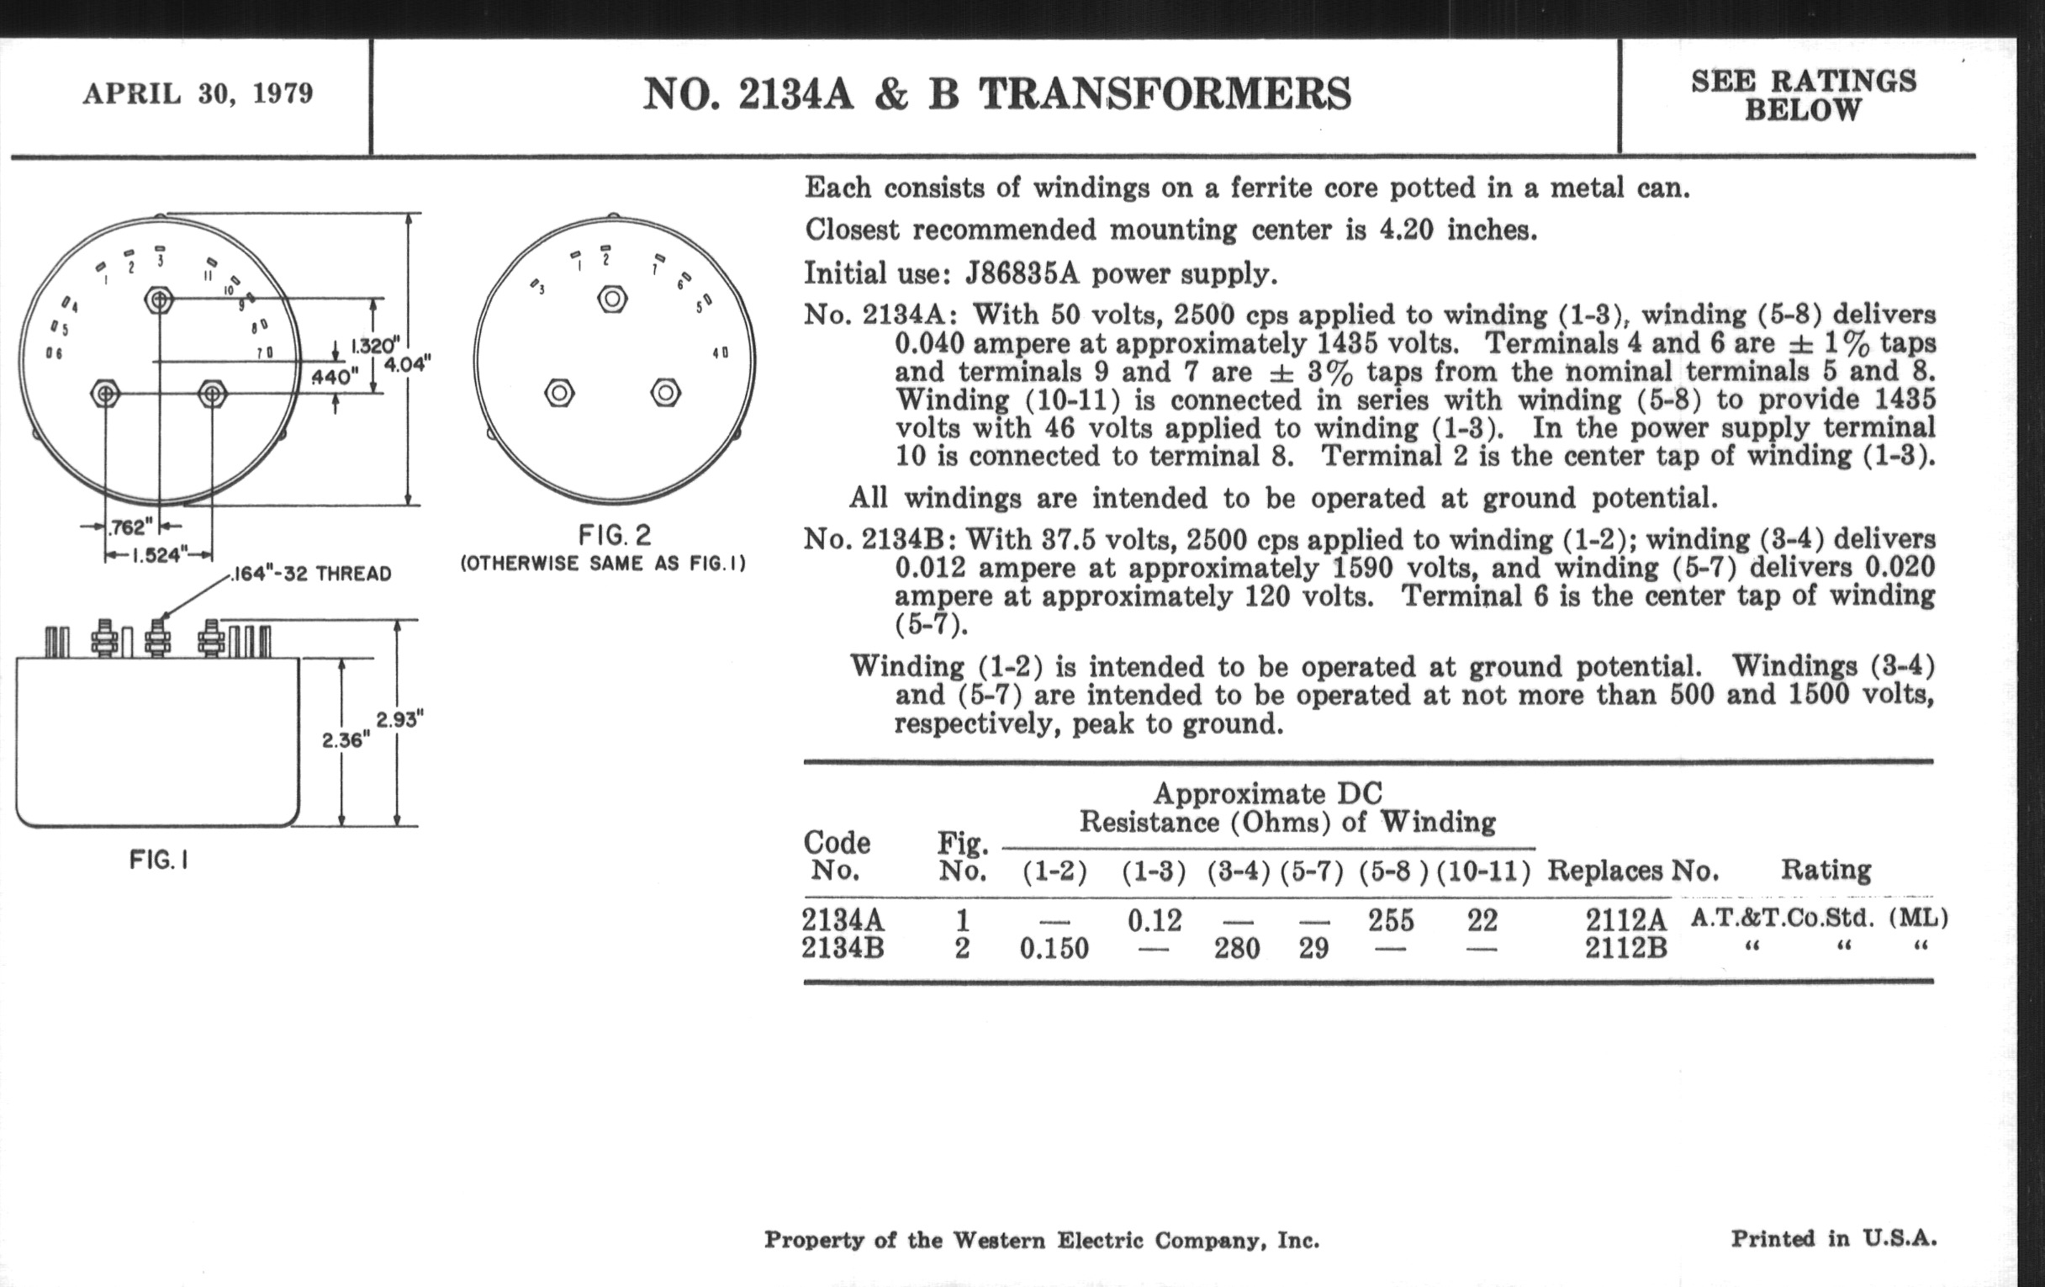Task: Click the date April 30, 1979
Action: click(x=198, y=93)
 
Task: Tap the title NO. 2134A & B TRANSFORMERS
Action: click(x=996, y=93)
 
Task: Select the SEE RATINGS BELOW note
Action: click(x=1803, y=95)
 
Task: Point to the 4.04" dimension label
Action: click(x=409, y=364)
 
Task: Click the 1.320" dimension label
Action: click(x=374, y=346)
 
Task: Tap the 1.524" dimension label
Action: click(x=157, y=555)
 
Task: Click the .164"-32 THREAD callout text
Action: click(x=312, y=575)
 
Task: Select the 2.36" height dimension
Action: click(x=346, y=740)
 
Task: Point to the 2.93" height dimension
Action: click(x=400, y=720)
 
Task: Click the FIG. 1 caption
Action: click(x=159, y=861)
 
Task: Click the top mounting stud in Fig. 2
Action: click(x=612, y=298)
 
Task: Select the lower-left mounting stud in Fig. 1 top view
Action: click(x=105, y=395)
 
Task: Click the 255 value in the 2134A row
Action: click(x=1390, y=920)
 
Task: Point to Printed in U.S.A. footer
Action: click(x=1834, y=1239)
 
